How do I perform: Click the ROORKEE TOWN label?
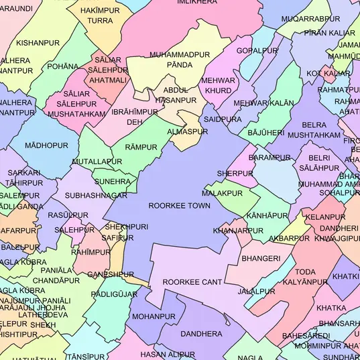click(x=179, y=206)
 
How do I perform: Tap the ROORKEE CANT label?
click(x=192, y=282)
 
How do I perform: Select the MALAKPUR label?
click(x=222, y=193)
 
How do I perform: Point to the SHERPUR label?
click(x=235, y=174)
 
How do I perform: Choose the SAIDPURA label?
click(x=223, y=119)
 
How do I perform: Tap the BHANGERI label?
click(x=261, y=258)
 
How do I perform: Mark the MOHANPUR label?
click(x=154, y=316)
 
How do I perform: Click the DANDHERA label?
click(x=201, y=333)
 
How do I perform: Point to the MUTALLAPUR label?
click(x=97, y=162)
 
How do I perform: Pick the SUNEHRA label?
click(x=113, y=181)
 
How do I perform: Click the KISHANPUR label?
click(x=38, y=43)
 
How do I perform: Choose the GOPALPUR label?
click(x=257, y=50)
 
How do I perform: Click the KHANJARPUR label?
click(x=238, y=231)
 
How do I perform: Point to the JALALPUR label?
click(x=256, y=292)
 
